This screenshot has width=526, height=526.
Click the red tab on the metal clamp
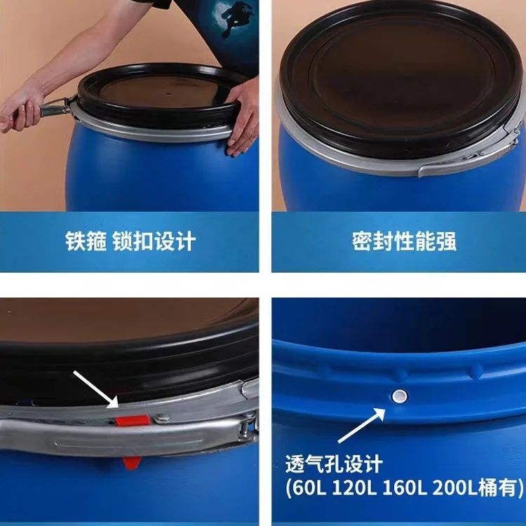tap(134, 420)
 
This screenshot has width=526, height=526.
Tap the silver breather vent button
tap(399, 397)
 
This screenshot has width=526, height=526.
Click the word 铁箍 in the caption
tap(86, 241)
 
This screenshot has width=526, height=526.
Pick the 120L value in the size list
tap(353, 486)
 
